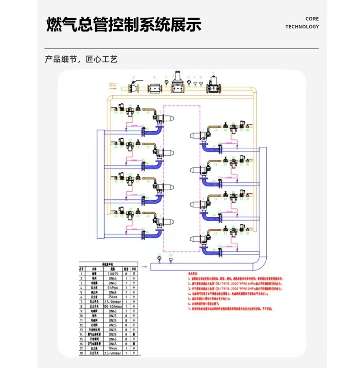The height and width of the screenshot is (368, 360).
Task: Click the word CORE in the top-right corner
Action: pyautogui.click(x=312, y=19)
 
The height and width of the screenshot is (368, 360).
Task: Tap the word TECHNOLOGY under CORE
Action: pyautogui.click(x=302, y=27)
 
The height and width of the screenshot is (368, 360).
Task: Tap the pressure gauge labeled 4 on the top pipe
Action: pyautogui.click(x=167, y=82)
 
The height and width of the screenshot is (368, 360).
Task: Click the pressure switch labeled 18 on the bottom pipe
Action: pyautogui.click(x=171, y=260)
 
